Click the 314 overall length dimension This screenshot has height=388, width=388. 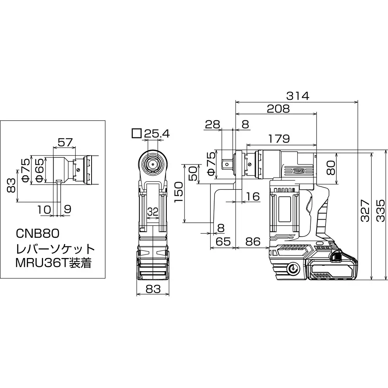298,96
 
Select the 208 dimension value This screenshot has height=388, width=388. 278,109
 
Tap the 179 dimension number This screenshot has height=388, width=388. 279,139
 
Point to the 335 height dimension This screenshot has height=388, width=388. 381,211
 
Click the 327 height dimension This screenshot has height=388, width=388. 365,211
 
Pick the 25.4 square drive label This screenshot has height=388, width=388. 157,134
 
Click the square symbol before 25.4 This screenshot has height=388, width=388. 136,133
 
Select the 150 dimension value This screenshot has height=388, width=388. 178,192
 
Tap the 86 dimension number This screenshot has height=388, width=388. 253,241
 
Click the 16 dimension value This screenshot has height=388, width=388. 253,196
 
